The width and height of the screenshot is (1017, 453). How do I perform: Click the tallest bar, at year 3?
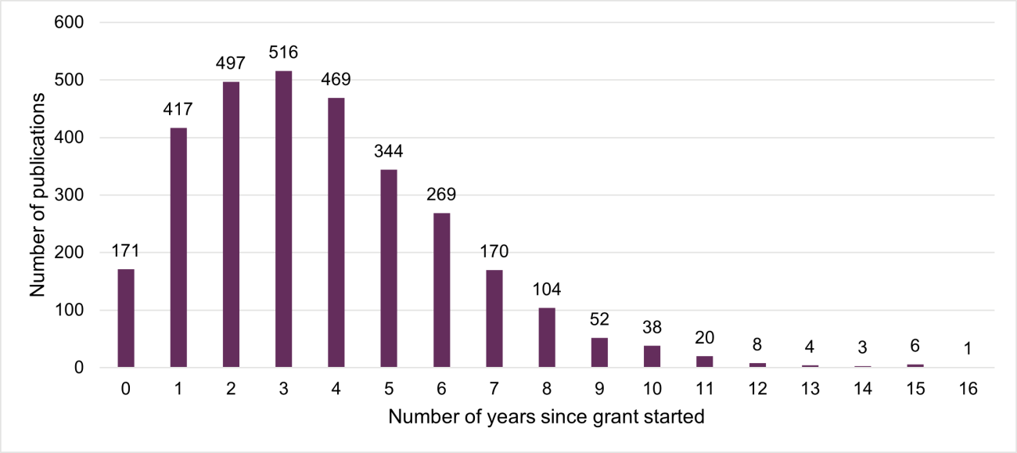[x=283, y=219]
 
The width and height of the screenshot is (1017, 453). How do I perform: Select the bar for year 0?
[x=125, y=318]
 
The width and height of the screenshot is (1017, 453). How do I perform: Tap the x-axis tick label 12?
[x=757, y=389]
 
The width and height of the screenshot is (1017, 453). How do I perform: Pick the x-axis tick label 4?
[x=336, y=389]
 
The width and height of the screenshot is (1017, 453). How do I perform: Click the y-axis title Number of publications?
[x=37, y=195]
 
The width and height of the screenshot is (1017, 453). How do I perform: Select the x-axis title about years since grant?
[x=546, y=417]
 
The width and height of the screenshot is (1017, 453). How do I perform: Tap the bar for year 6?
[x=442, y=290]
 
